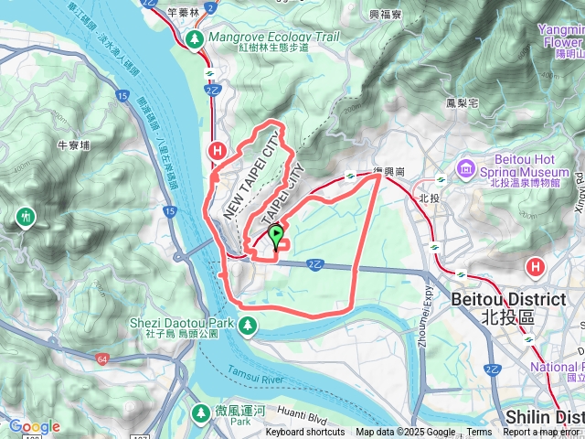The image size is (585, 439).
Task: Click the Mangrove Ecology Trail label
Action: point(261,37)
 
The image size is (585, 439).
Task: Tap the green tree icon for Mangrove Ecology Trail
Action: point(195,40)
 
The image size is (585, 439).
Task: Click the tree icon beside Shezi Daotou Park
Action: point(248,325)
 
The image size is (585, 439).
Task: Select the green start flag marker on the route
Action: point(275,237)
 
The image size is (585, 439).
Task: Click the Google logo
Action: point(34,426)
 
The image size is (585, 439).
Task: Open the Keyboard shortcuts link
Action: point(305,433)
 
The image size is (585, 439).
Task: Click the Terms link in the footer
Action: point(479,433)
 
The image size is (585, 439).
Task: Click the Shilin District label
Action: point(543,416)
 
